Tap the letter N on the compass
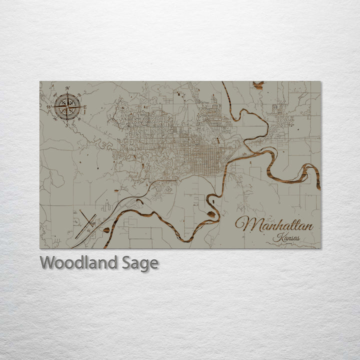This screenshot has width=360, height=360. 67,88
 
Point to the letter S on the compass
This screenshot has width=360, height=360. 67,125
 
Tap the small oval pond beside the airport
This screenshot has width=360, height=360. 106,230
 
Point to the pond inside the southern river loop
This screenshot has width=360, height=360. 212,214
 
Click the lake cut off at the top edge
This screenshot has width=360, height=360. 258,85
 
